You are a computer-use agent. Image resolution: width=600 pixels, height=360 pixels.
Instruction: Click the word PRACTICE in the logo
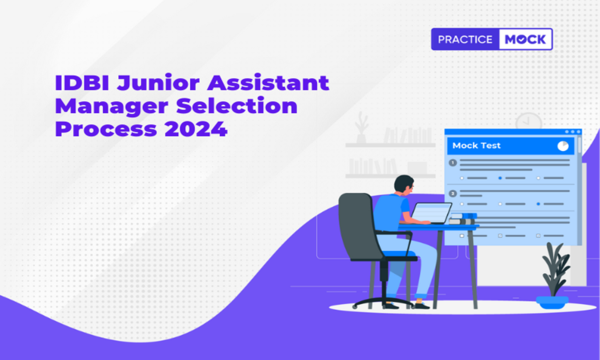pyautogui.click(x=465, y=40)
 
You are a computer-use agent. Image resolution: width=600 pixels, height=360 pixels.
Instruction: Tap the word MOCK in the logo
pyautogui.click(x=525, y=40)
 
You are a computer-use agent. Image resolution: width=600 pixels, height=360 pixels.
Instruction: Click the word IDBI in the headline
pyautogui.click(x=82, y=83)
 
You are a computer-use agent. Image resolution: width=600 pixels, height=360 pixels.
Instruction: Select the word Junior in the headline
pyautogui.click(x=158, y=83)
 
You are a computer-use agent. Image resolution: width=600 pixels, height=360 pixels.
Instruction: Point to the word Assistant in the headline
pyautogui.click(x=268, y=82)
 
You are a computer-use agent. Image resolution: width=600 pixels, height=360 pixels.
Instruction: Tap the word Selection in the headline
pyautogui.click(x=237, y=105)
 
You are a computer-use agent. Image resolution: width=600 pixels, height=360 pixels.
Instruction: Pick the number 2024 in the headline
pyautogui.click(x=196, y=129)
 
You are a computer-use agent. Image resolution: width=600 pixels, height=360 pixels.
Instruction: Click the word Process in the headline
pyautogui.click(x=106, y=129)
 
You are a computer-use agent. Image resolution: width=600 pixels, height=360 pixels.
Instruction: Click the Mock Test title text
pyautogui.click(x=476, y=145)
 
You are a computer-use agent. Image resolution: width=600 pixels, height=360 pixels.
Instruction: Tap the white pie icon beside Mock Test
pyautogui.click(x=563, y=146)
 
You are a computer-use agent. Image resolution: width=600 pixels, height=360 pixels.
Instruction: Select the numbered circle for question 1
pyautogui.click(x=453, y=163)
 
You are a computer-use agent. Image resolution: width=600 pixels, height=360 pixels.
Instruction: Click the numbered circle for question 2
pyautogui.click(x=453, y=194)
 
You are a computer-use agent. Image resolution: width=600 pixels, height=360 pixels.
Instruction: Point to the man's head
pyautogui.click(x=404, y=185)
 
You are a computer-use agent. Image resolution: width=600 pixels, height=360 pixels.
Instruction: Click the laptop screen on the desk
pyautogui.click(x=431, y=212)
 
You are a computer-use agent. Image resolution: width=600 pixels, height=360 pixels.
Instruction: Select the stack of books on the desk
pyautogui.click(x=463, y=219)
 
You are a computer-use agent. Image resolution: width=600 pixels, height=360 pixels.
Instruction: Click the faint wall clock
pyautogui.click(x=528, y=121)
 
